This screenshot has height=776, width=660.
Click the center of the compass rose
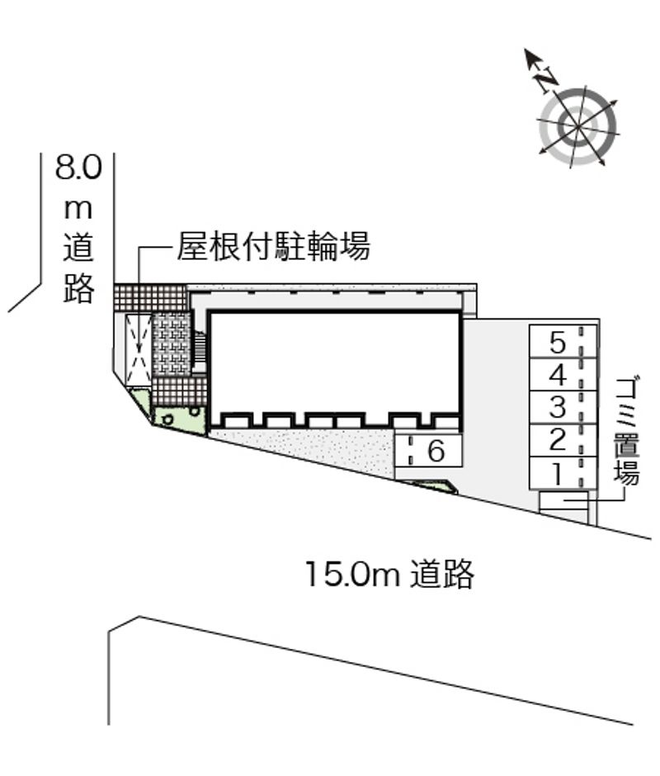(x=577, y=126)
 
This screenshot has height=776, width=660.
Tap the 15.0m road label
(x=390, y=574)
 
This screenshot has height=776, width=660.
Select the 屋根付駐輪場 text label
(x=274, y=246)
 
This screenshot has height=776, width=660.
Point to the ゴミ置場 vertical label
(x=627, y=430)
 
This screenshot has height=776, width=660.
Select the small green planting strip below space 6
(x=431, y=486)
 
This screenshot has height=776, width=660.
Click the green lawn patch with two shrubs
(x=180, y=419)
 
